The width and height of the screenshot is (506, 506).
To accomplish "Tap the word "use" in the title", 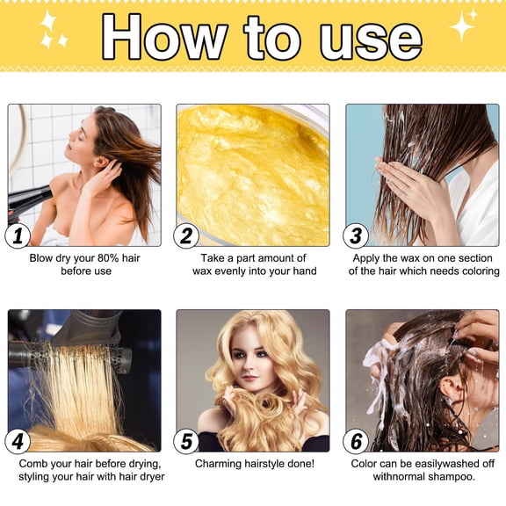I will pyautogui.click(x=365, y=37).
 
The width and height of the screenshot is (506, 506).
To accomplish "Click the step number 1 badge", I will pyautogui.click(x=18, y=236).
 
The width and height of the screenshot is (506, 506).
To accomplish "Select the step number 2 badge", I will pyautogui.click(x=186, y=236).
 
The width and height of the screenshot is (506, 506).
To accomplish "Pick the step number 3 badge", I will pyautogui.click(x=356, y=236).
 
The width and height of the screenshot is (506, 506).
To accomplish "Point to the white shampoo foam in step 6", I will pyautogui.click(x=378, y=369).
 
